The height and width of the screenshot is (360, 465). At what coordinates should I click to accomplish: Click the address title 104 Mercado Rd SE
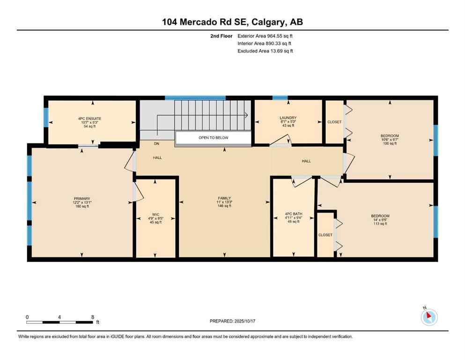click(x=232, y=22)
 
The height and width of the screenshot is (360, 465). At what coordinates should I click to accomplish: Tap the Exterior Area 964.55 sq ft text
click(x=265, y=36)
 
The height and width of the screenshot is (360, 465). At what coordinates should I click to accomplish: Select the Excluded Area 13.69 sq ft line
click(x=265, y=51)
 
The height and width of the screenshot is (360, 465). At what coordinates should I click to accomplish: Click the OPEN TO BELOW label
click(x=213, y=138)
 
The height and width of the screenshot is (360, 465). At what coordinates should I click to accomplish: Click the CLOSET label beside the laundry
click(x=335, y=122)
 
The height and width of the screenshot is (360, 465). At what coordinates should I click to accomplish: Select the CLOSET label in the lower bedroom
click(x=325, y=235)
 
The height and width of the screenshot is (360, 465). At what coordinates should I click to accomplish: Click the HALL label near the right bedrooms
click(x=306, y=161)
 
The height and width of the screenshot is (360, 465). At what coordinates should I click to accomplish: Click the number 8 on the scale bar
click(x=92, y=317)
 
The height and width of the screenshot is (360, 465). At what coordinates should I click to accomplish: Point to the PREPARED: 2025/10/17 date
click(x=232, y=321)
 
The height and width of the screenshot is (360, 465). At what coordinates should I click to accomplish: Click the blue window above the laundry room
click(x=280, y=98)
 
